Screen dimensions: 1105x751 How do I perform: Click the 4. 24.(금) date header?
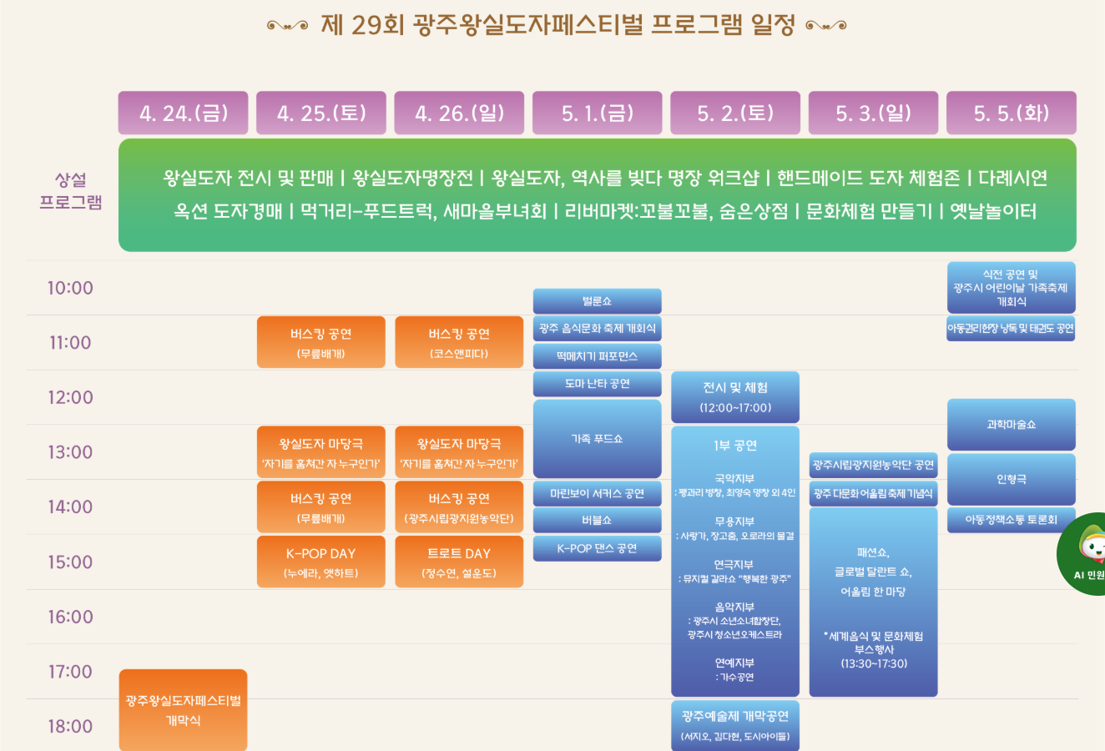click(x=183, y=113)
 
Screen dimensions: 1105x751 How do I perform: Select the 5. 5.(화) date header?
click(x=1011, y=113)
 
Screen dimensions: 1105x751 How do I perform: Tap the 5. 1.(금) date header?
click(x=597, y=113)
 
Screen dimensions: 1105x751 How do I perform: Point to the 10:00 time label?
click(x=70, y=288)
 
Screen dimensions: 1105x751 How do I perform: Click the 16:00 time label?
click(x=70, y=617)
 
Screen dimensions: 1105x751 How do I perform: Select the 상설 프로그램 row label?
click(x=71, y=191)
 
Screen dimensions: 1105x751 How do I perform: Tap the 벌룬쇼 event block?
click(x=597, y=300)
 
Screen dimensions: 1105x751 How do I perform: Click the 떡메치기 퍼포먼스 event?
click(x=597, y=356)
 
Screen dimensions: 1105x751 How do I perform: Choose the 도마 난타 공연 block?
click(x=597, y=384)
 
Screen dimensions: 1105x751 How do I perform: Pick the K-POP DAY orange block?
click(x=320, y=562)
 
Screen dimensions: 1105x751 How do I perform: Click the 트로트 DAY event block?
click(x=459, y=562)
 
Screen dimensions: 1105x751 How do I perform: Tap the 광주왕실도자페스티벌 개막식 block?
click(x=183, y=709)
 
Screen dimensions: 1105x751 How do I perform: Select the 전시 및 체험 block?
click(x=734, y=397)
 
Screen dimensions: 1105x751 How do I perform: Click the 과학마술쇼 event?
click(x=1011, y=425)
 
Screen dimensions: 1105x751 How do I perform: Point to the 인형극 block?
click(x=1011, y=479)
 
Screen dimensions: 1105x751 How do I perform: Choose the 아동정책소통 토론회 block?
click(x=1011, y=519)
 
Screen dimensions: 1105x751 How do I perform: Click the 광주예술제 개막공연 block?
click(x=734, y=725)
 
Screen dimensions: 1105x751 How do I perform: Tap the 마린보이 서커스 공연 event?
click(x=597, y=493)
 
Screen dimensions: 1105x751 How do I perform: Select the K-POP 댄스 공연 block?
click(x=597, y=548)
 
